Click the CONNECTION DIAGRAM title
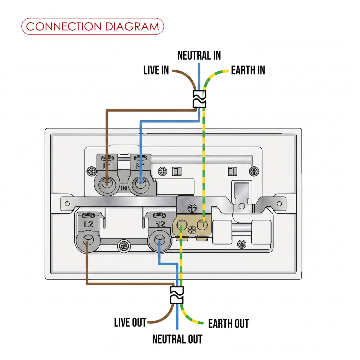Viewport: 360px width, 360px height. coord(92,26)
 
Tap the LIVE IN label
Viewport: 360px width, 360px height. coord(156,70)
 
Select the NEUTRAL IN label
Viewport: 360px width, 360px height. coord(199,55)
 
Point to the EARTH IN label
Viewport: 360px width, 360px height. coord(248,70)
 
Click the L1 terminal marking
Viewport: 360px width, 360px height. coord(107,166)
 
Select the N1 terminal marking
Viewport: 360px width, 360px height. coord(140,166)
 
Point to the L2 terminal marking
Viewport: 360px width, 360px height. coord(88,224)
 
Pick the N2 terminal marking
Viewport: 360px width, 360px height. coord(160,224)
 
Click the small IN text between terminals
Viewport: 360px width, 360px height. coord(124,188)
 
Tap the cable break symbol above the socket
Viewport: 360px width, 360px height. coord(199,99)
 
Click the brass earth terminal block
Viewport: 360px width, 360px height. coord(192,226)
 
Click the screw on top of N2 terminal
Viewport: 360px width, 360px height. coord(160,215)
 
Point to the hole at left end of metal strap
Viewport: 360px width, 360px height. coord(67,203)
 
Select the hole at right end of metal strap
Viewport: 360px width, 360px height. coord(279,203)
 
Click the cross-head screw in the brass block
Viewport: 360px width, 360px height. coord(192,229)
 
